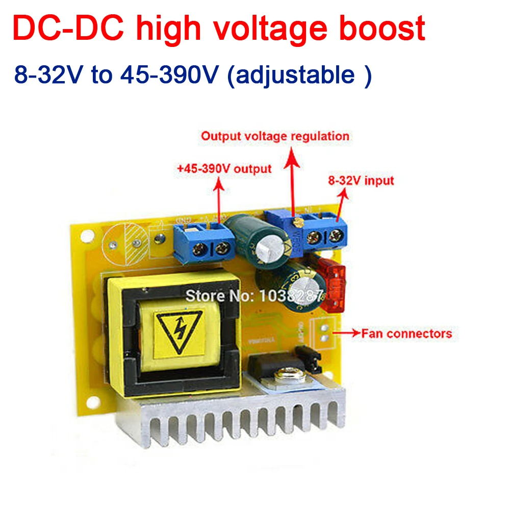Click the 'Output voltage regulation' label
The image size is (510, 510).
click(x=275, y=136)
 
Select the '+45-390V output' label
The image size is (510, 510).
click(x=224, y=168)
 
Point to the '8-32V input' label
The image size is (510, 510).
click(x=361, y=181)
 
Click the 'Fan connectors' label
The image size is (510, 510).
click(x=406, y=334)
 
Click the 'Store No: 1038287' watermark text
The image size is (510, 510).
click(x=253, y=294)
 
